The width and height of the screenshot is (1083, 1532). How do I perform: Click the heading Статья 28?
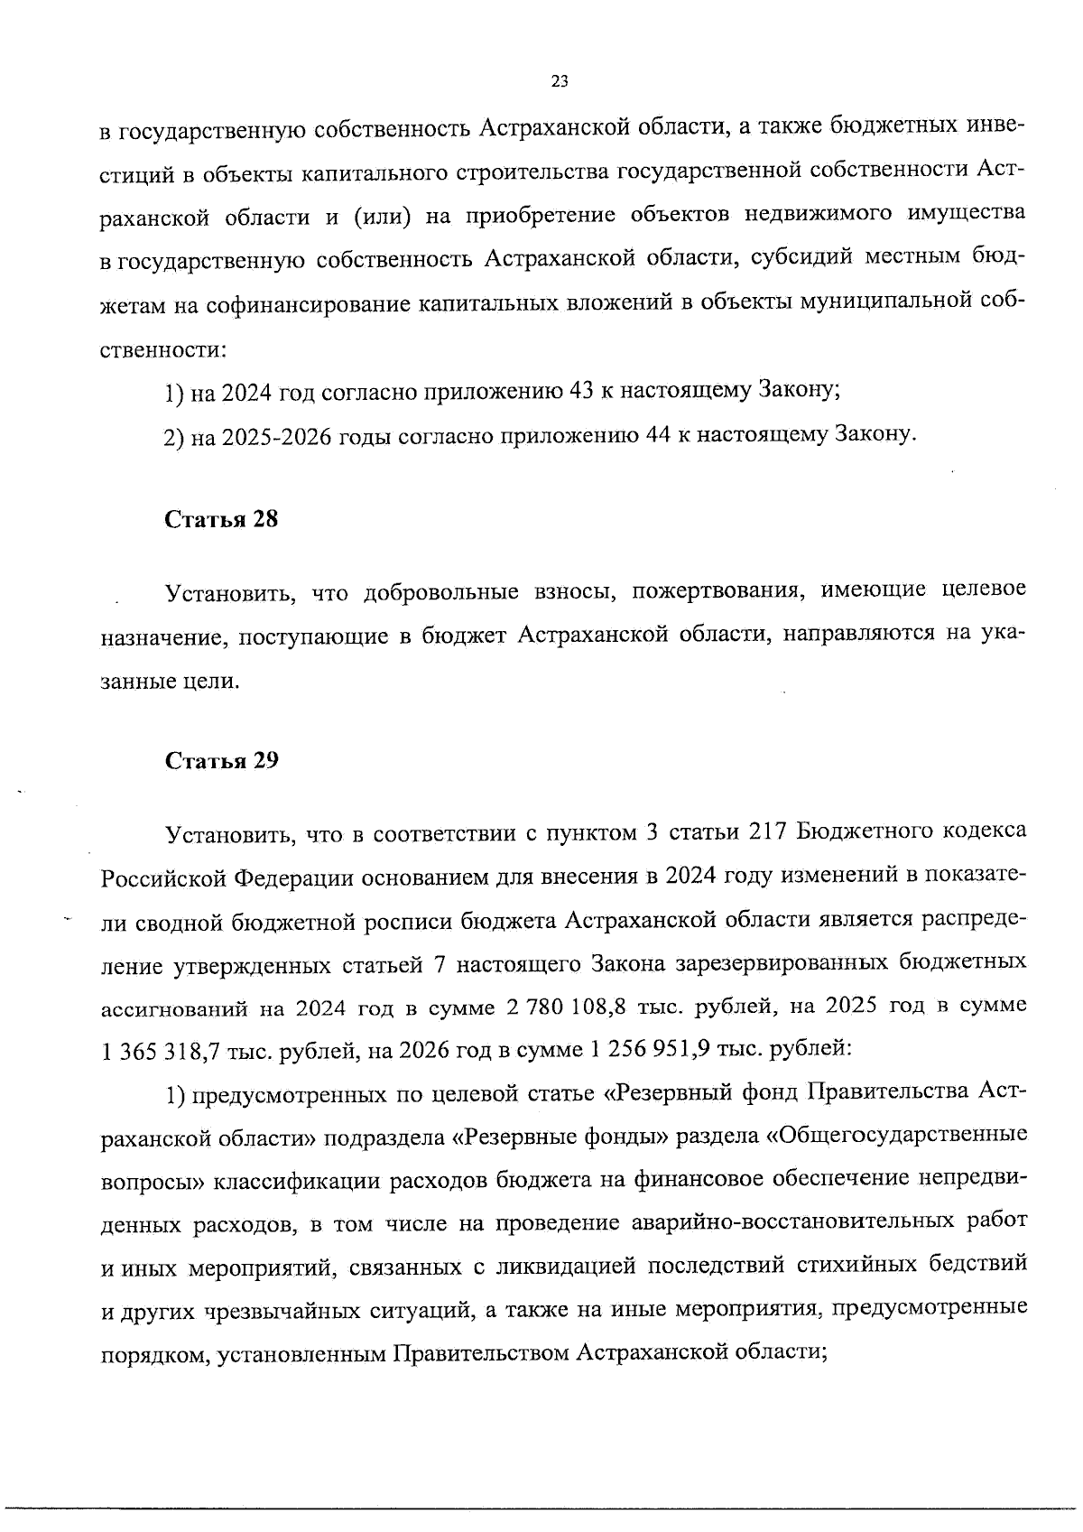(221, 521)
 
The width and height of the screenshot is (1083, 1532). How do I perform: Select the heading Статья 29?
(221, 761)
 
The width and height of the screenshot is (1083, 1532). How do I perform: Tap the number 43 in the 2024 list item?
(579, 392)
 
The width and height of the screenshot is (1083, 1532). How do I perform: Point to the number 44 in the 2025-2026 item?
(655, 436)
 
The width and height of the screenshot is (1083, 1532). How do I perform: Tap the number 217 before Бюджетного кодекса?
(768, 831)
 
